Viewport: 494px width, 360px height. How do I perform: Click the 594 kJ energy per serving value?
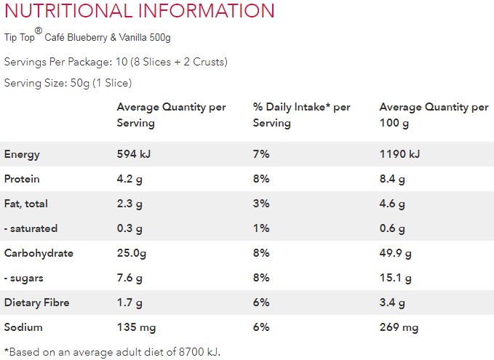[x=134, y=154]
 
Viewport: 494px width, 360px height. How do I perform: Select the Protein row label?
[x=22, y=179]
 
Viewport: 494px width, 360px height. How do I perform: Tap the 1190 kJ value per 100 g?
[x=399, y=154]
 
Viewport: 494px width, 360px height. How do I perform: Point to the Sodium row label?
[x=23, y=327]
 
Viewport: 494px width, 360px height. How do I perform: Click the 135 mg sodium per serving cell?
[x=136, y=327]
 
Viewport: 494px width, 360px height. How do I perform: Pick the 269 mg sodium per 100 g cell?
[x=399, y=327]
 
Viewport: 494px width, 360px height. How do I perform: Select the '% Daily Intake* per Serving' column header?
[x=301, y=115]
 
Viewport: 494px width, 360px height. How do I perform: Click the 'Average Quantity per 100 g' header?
[x=434, y=115]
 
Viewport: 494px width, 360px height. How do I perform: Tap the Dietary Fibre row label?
[x=36, y=303]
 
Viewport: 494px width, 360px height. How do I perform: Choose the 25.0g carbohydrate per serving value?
[x=134, y=253]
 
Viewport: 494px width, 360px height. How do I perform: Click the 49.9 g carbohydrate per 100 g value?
[x=395, y=253]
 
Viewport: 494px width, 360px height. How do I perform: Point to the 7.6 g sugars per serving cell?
[x=130, y=278]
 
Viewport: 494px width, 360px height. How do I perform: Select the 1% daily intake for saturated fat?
[x=261, y=228]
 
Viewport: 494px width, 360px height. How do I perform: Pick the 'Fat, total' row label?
[x=26, y=204]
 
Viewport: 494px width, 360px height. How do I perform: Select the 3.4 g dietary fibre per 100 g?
[x=392, y=303]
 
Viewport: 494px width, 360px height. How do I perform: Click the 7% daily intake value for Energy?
[x=261, y=154]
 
